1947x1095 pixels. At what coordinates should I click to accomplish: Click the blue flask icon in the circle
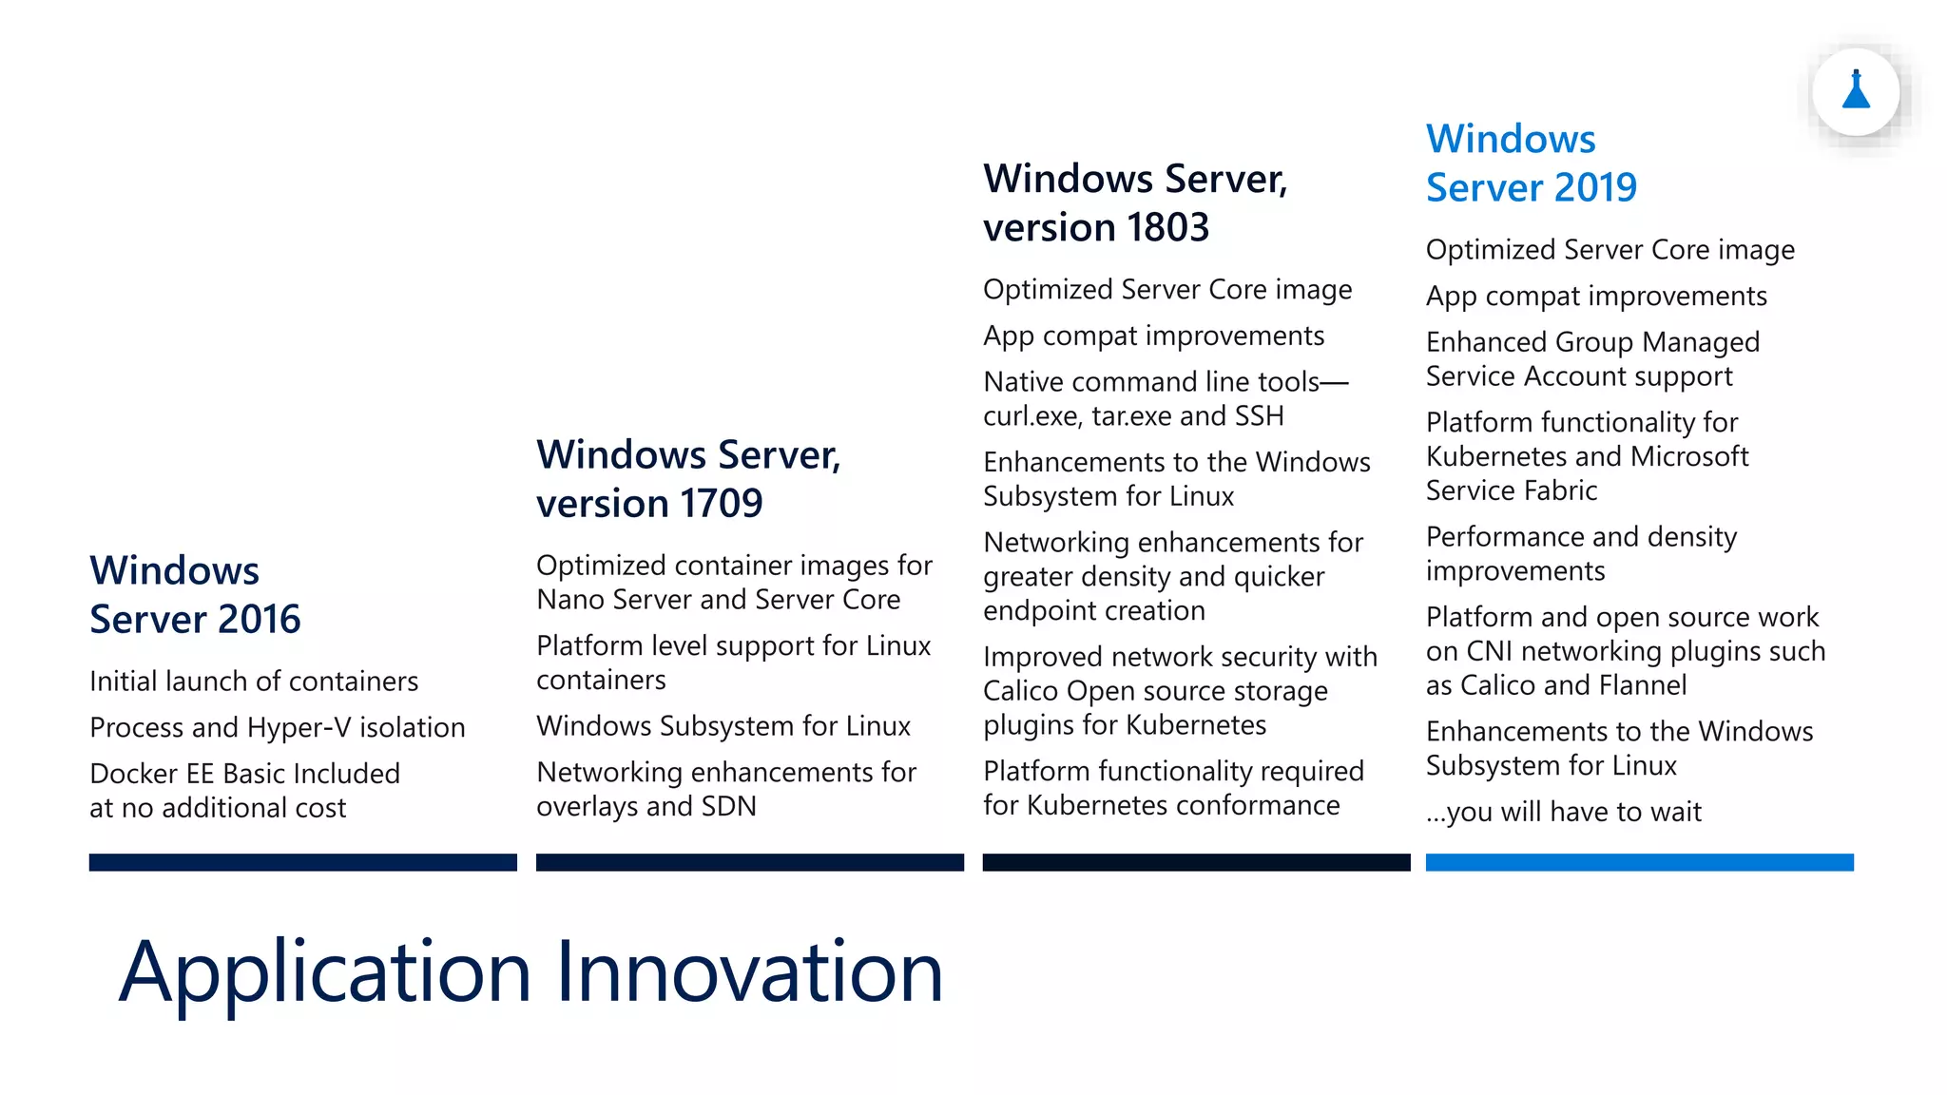click(1856, 92)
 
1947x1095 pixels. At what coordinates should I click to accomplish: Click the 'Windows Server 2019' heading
click(1531, 163)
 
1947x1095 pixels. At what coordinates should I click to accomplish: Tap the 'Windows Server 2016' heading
click(195, 594)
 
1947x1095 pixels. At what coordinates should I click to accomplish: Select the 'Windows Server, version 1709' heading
click(688, 478)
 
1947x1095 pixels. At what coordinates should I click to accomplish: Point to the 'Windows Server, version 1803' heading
click(1135, 202)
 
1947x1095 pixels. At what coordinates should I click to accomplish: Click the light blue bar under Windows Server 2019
click(1639, 862)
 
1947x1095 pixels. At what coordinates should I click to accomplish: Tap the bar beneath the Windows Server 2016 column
click(302, 862)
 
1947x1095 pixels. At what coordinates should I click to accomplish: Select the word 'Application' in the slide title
click(324, 973)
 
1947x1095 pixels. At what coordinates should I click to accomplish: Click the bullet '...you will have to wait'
click(1563, 812)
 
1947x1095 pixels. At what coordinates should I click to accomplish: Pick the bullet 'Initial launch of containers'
click(254, 682)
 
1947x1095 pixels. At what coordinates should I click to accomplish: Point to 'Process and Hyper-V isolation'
click(278, 727)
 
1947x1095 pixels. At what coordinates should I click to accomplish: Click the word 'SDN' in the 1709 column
click(728, 806)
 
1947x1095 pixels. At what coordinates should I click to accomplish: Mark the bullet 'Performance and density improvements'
click(1581, 554)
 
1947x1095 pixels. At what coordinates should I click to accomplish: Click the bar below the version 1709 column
click(749, 862)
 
